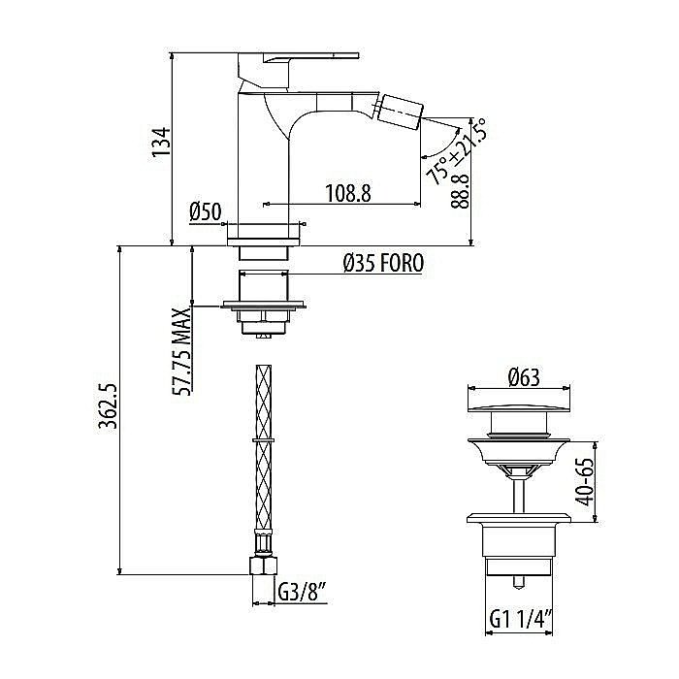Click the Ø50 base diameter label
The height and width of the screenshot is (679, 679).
click(x=206, y=212)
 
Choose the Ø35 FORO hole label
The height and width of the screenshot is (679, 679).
click(x=382, y=263)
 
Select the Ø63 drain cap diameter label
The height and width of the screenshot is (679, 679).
click(x=524, y=376)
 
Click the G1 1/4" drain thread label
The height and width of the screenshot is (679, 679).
click(x=521, y=618)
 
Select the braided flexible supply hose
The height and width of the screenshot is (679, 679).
click(x=263, y=456)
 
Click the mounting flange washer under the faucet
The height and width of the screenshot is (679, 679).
click(x=264, y=307)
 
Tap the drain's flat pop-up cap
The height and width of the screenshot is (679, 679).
click(x=524, y=399)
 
